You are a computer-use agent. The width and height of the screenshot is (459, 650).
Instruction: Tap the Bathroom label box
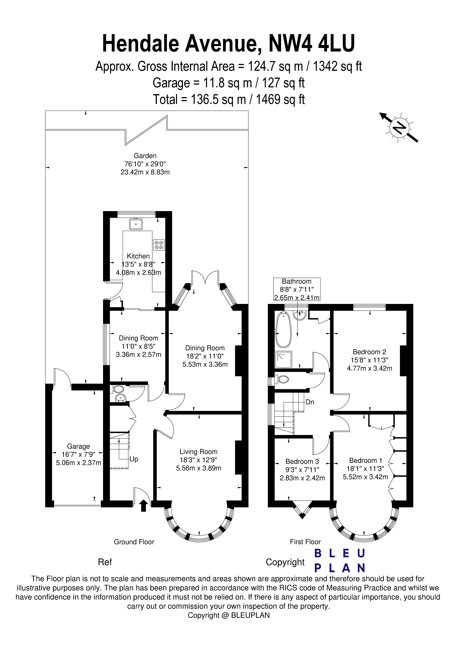click(x=297, y=289)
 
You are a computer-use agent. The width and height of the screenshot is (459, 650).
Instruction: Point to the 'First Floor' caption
click(x=305, y=542)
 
